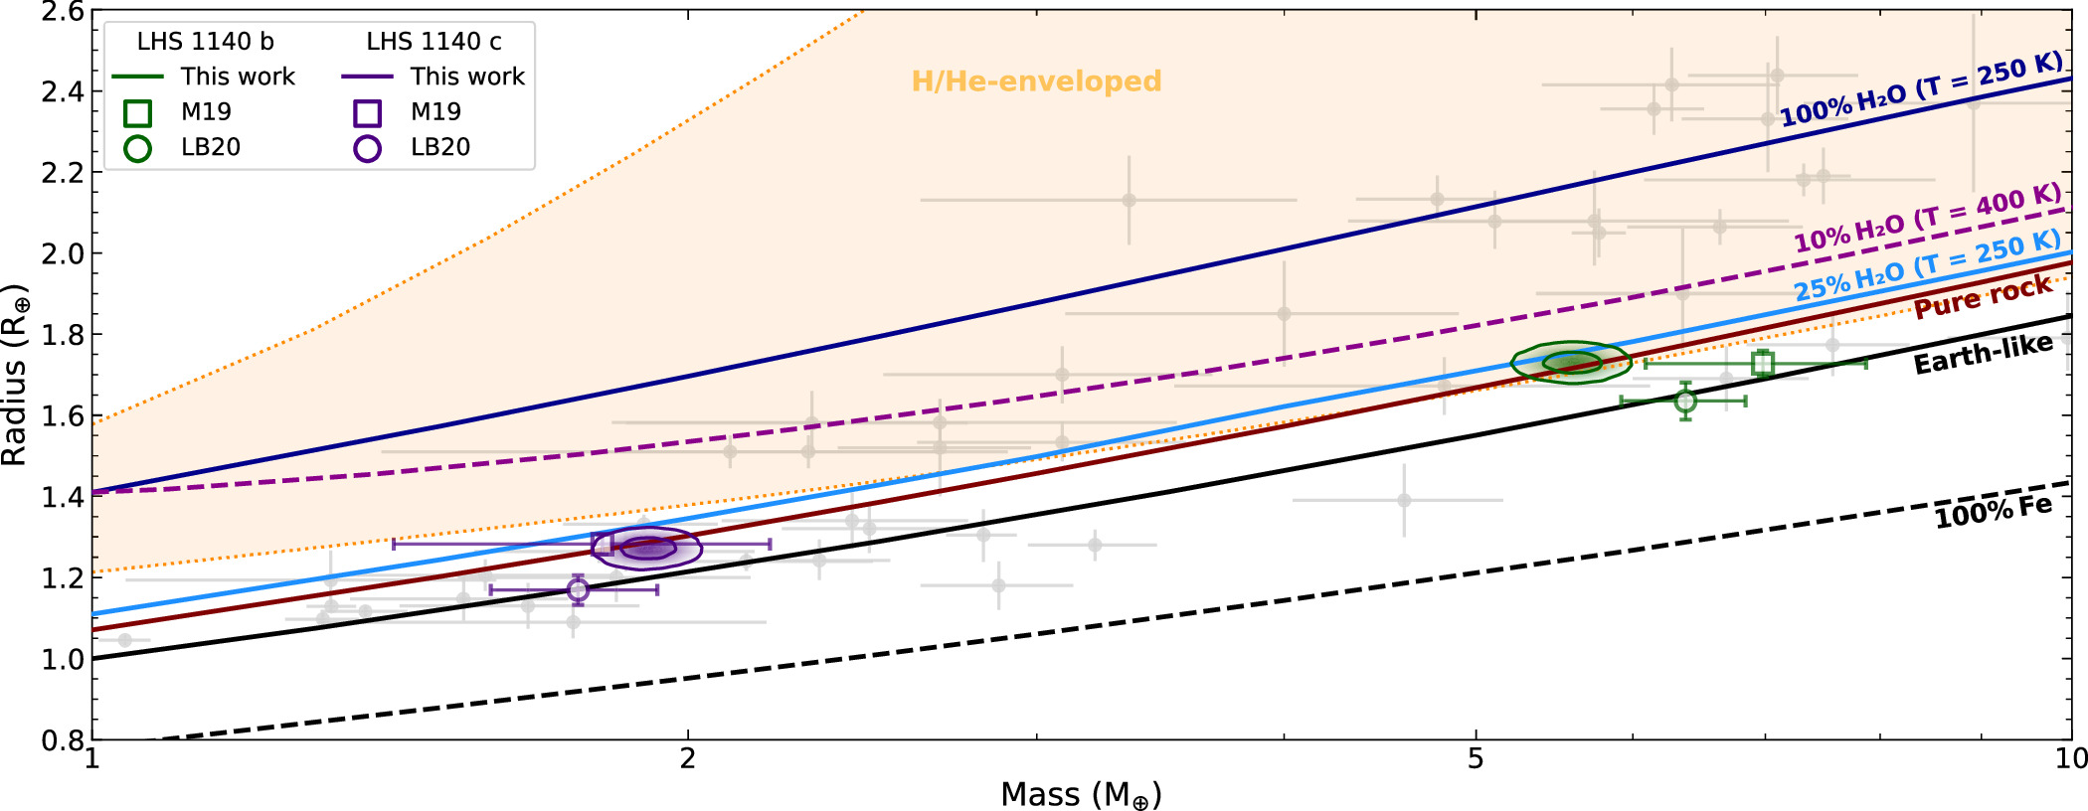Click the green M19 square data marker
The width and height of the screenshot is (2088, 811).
click(x=1763, y=364)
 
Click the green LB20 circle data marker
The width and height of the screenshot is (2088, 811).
click(x=1685, y=402)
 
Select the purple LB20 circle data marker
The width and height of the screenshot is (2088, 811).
click(x=579, y=590)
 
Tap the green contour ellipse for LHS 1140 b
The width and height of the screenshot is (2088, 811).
click(x=1571, y=363)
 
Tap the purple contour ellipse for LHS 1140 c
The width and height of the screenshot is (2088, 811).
click(x=647, y=548)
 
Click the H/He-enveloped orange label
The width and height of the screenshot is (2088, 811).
click(x=1036, y=81)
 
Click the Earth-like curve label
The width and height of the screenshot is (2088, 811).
click(x=1983, y=355)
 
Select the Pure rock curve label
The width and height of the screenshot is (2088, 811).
click(x=1983, y=297)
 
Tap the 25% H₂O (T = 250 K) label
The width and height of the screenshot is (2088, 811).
click(x=1927, y=266)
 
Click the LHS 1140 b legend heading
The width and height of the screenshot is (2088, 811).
click(x=205, y=42)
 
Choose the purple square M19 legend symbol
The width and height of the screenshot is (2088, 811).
click(x=368, y=112)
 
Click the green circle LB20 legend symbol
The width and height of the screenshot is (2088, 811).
click(x=138, y=148)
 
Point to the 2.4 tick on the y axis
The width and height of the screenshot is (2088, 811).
click(x=62, y=91)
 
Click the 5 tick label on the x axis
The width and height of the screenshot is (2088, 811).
click(x=1475, y=759)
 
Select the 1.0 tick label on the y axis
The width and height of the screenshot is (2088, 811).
click(x=62, y=659)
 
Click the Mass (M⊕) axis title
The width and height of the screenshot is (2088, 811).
click(x=1081, y=795)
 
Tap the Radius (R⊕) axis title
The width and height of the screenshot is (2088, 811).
click(x=15, y=375)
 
